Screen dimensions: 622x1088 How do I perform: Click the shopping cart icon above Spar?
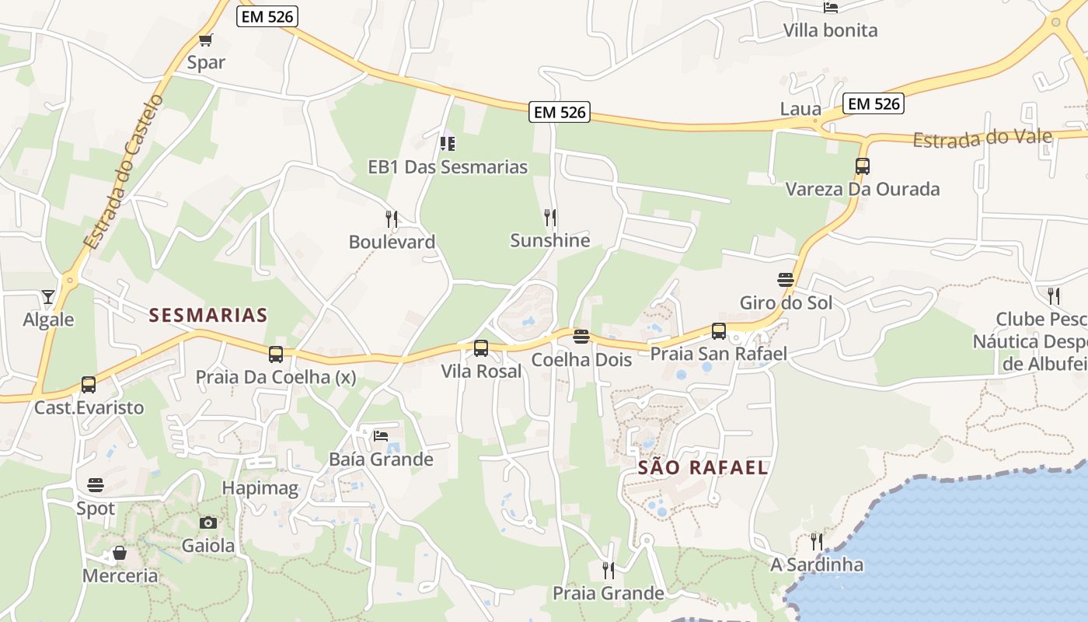click(205, 40)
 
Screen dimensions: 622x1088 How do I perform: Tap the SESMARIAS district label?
click(208, 315)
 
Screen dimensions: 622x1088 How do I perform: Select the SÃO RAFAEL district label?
click(703, 467)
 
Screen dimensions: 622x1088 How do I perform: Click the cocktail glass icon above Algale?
click(48, 297)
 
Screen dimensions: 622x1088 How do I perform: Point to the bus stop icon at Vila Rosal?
click(481, 348)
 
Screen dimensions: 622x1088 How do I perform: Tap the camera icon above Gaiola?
click(207, 522)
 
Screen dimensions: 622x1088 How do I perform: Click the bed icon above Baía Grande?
click(381, 435)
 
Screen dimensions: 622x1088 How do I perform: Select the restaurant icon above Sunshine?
click(550, 217)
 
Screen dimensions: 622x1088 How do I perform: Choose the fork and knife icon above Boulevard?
click(392, 218)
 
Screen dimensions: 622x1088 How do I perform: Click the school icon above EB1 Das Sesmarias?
click(447, 143)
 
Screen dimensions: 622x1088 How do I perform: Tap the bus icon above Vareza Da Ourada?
click(862, 166)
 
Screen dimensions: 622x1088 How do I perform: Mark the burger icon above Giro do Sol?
click(785, 279)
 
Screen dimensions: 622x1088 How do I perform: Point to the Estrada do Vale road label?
click(982, 138)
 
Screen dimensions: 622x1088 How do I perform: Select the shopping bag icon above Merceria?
click(120, 553)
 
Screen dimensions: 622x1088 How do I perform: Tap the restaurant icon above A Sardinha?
click(816, 541)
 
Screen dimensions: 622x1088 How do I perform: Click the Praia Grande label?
click(609, 593)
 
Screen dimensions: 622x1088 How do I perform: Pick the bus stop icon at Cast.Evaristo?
click(89, 384)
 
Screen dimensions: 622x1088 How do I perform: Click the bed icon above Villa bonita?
click(830, 7)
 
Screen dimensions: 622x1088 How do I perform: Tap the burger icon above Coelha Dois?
click(581, 337)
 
